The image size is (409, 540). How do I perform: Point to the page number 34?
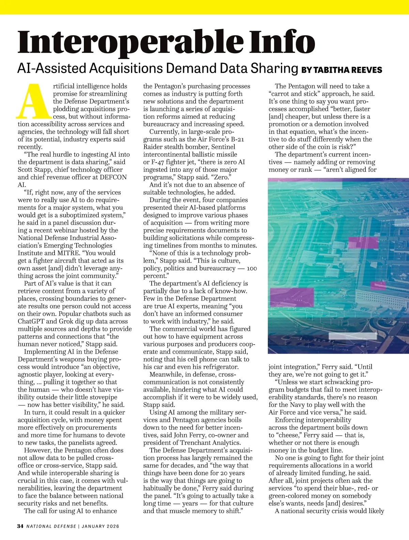click(x=20, y=526)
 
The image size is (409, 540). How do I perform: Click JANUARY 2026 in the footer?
click(x=100, y=526)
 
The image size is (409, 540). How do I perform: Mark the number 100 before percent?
click(x=252, y=269)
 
